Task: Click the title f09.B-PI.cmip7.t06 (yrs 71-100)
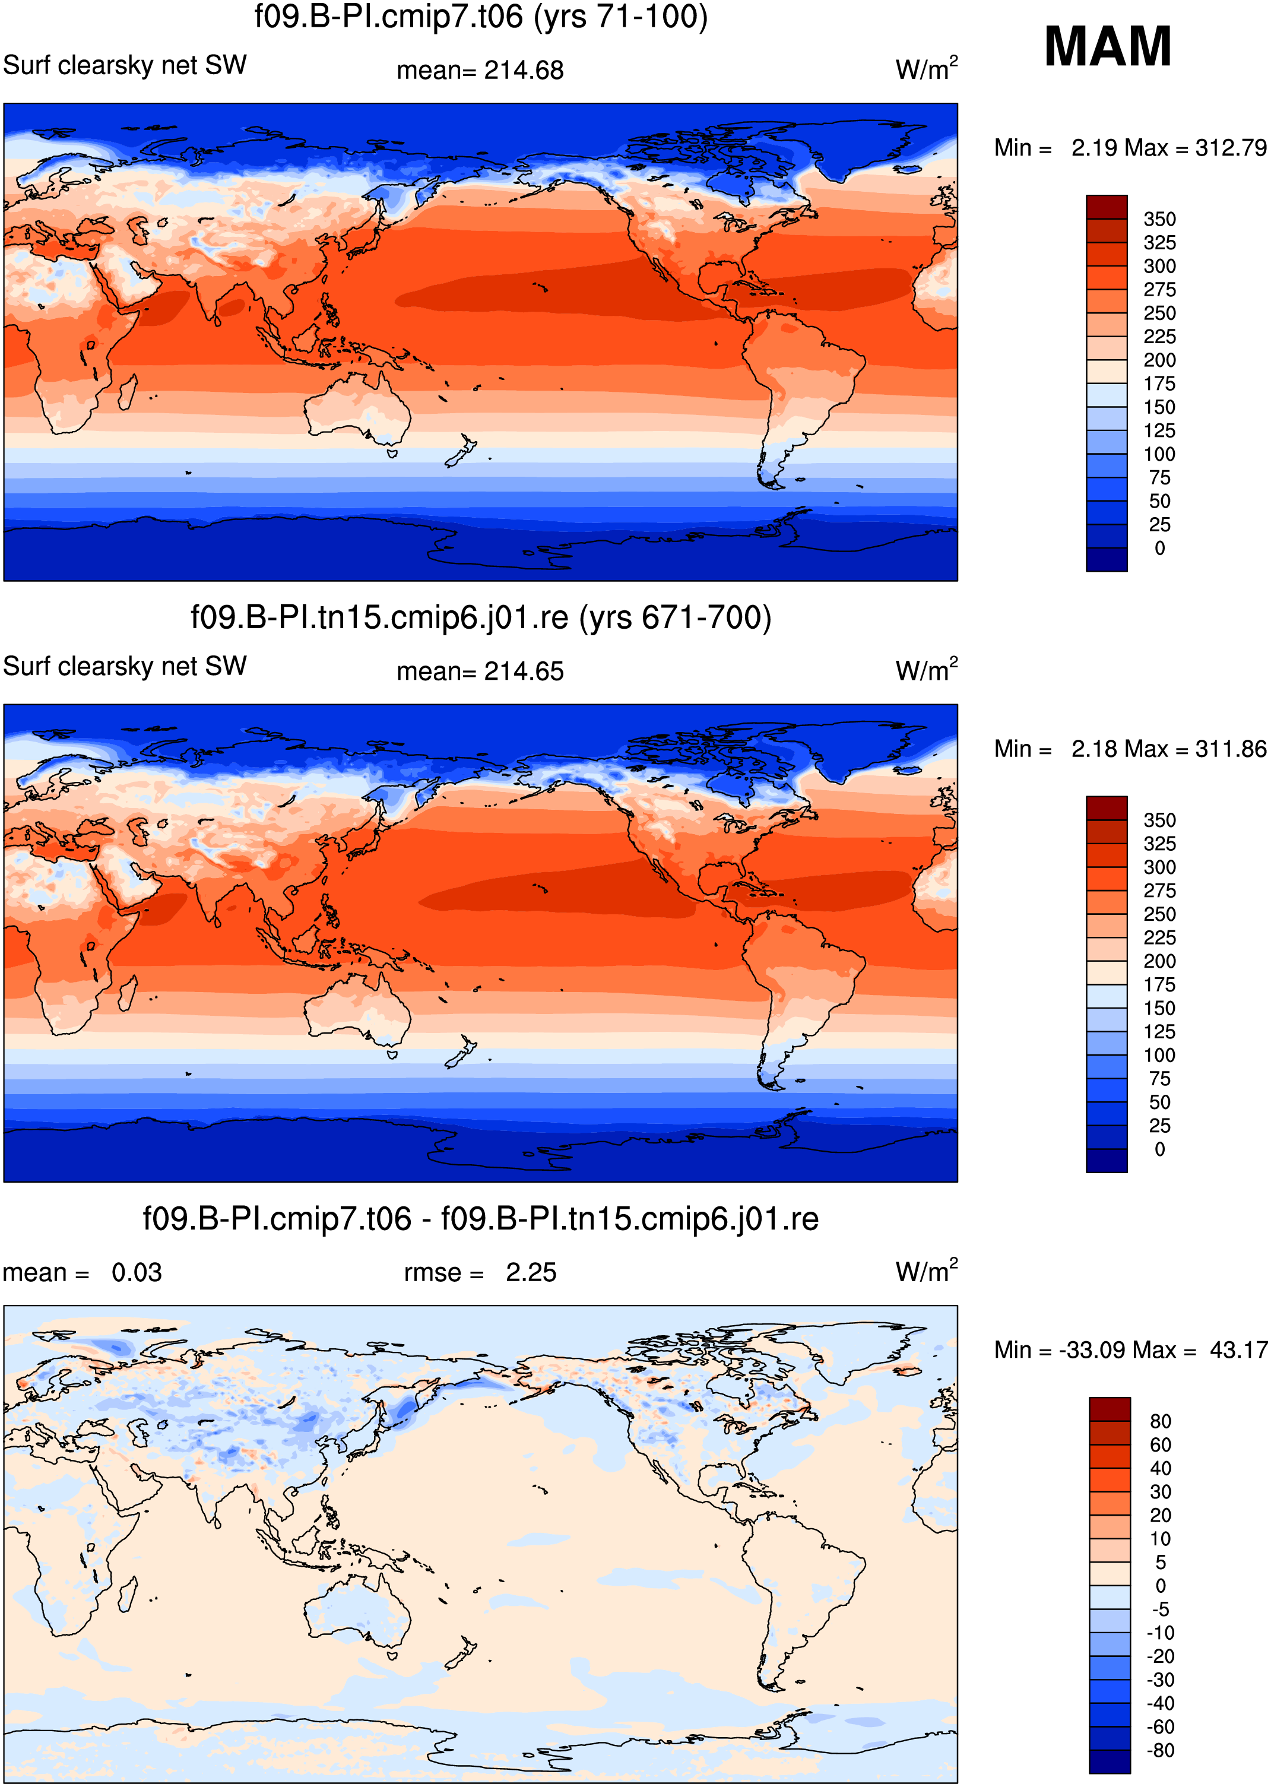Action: coord(480,17)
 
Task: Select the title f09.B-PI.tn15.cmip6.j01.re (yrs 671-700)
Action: coord(480,617)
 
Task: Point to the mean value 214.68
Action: coord(524,71)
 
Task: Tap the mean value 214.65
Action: coord(524,671)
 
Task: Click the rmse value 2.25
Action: coord(531,1273)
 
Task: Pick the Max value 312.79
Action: coord(1230,148)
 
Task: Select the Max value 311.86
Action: coord(1230,749)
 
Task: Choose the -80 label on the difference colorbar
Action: coord(1160,1750)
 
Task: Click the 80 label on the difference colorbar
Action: coord(1161,1421)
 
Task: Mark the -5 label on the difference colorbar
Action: coord(1161,1609)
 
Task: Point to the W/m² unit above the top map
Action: coord(927,69)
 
